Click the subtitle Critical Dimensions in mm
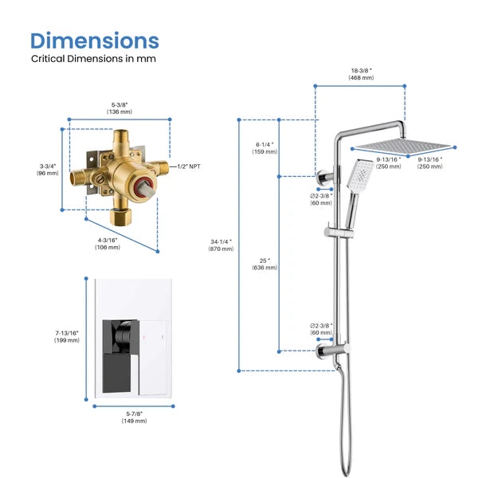[x=93, y=58]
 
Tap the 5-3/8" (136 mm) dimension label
[x=119, y=107]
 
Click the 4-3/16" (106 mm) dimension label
[x=108, y=242]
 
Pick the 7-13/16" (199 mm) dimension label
[x=67, y=336]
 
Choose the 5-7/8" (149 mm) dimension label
[x=135, y=416]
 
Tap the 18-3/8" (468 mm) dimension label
[x=361, y=74]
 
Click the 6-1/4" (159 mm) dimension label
[x=264, y=148]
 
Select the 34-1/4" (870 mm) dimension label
[x=221, y=245]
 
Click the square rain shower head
[x=403, y=147]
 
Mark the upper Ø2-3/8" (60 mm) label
[x=321, y=198]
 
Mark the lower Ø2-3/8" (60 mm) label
[x=321, y=329]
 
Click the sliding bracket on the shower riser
[x=332, y=232]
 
